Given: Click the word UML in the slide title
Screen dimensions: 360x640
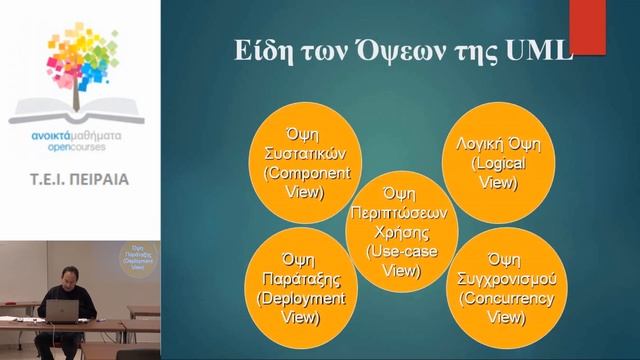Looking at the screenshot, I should (x=541, y=53).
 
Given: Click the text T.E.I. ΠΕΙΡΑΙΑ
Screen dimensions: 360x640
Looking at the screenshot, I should (x=79, y=181).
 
